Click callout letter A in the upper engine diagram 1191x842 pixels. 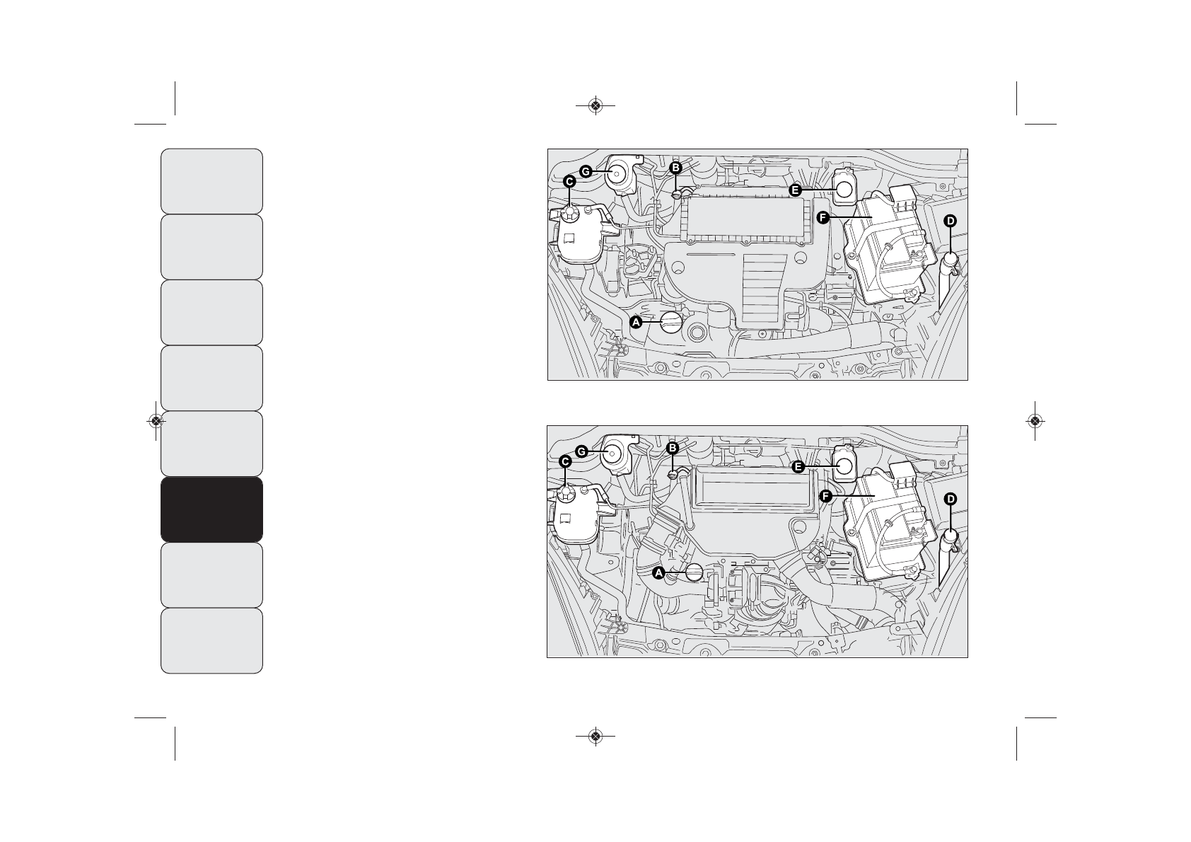point(635,322)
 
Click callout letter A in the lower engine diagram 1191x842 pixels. point(658,573)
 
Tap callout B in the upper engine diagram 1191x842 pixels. point(675,168)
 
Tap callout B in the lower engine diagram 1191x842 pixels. point(673,448)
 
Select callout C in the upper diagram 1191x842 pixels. point(569,181)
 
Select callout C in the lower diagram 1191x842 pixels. point(566,461)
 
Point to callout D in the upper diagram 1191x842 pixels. point(950,221)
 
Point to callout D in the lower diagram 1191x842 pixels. point(950,499)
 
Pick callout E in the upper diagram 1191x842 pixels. point(796,190)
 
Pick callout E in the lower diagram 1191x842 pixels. point(798,466)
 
